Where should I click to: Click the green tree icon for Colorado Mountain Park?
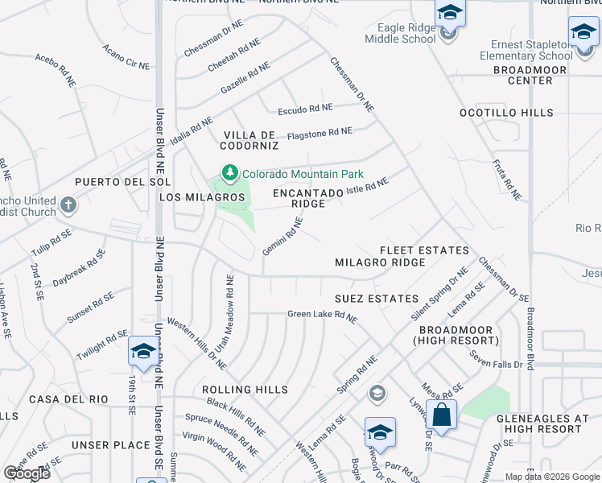230,173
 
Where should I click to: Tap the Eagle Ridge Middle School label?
400,33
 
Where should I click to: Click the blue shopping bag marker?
441,415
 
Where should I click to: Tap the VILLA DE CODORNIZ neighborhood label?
249,140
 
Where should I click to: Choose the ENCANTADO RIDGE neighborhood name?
299,198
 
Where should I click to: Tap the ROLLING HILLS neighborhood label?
245,390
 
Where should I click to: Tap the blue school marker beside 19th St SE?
142,352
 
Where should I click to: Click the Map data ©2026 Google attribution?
551,477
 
